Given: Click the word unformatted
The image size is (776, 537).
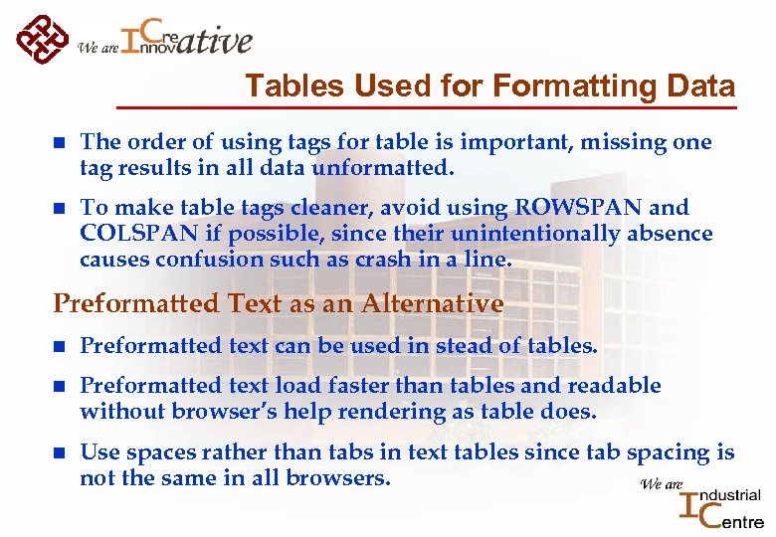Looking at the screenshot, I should coord(383,169).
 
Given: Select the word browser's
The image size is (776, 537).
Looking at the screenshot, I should coord(227,412).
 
